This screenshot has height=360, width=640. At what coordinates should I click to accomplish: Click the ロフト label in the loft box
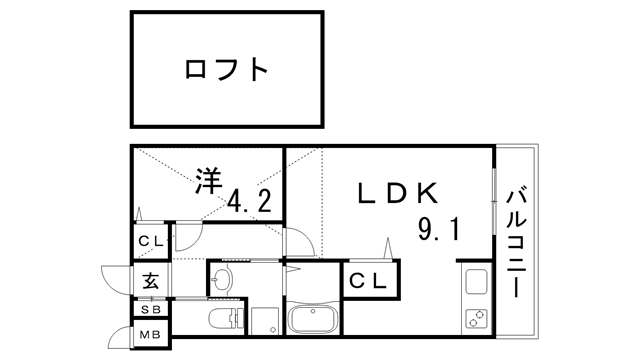(227, 69)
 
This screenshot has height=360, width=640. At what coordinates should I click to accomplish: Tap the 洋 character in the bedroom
(208, 181)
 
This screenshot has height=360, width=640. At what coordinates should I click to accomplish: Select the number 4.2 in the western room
(249, 201)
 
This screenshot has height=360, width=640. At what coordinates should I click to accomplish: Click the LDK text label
(395, 193)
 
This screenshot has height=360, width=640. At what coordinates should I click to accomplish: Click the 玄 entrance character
(150, 280)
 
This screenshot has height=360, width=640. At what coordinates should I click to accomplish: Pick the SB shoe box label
(149, 310)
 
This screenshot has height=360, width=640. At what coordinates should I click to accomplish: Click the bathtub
(317, 322)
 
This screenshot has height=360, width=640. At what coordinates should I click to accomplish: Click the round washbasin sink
(224, 277)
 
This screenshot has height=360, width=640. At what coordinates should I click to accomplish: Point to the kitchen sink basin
(475, 281)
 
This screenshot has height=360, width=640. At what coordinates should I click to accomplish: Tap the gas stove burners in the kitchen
(475, 321)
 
